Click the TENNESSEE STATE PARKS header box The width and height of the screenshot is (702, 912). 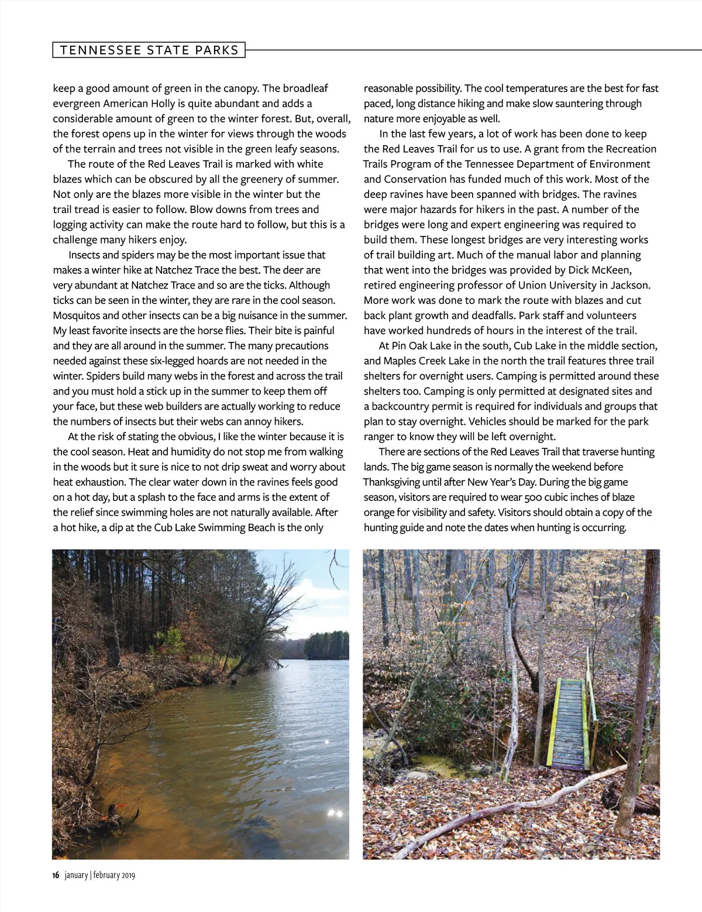click(149, 50)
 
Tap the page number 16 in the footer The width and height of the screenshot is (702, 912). click(56, 875)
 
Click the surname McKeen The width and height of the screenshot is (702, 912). click(610, 270)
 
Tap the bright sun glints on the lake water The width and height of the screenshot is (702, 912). click(336, 813)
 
